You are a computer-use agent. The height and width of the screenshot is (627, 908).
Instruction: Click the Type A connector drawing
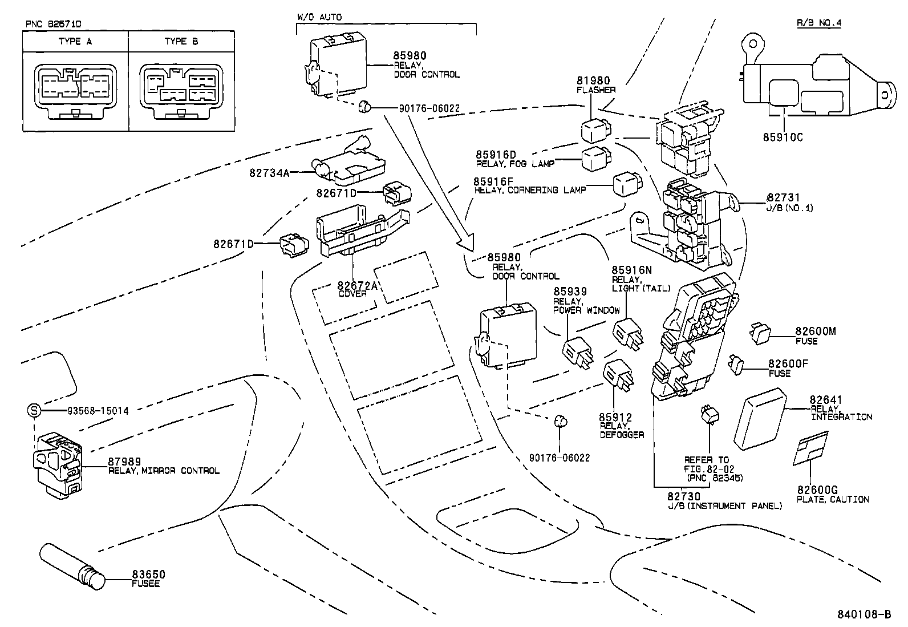point(75,91)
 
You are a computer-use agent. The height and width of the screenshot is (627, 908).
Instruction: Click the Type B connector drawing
point(181,91)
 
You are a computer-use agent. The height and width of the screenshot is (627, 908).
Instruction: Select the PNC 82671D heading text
point(54,25)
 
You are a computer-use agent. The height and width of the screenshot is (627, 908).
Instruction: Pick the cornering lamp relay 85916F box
point(627,185)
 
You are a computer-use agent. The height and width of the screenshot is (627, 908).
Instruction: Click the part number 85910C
point(783,137)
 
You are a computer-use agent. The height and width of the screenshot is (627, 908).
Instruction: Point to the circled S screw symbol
point(34,410)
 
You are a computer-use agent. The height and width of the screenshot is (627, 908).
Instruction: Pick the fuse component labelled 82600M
point(760,333)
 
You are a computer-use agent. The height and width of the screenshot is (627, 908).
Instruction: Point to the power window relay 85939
point(577,351)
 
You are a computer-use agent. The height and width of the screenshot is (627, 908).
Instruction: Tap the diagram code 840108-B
point(864,614)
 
